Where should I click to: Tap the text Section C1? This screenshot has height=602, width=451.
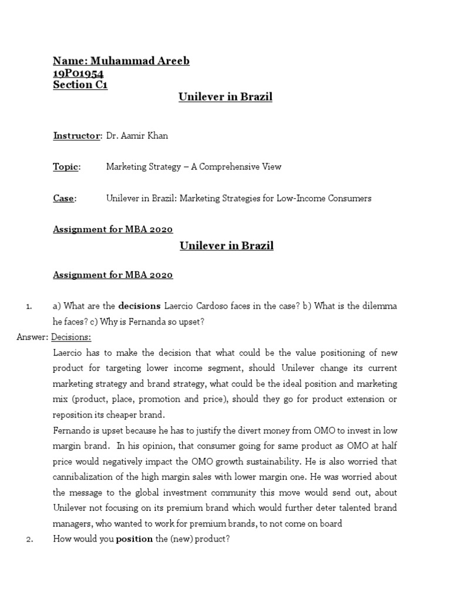click(x=80, y=85)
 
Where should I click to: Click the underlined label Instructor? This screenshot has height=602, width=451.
click(x=77, y=136)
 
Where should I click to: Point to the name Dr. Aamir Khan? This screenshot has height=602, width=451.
click(x=137, y=136)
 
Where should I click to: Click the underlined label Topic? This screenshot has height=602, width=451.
click(x=66, y=167)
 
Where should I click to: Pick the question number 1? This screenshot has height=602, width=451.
click(x=28, y=306)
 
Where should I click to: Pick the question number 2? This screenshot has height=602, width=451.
click(x=28, y=539)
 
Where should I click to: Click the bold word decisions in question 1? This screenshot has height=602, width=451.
click(x=140, y=306)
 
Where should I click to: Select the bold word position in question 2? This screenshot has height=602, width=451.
click(x=134, y=539)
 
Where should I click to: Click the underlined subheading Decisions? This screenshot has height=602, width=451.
click(x=72, y=337)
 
